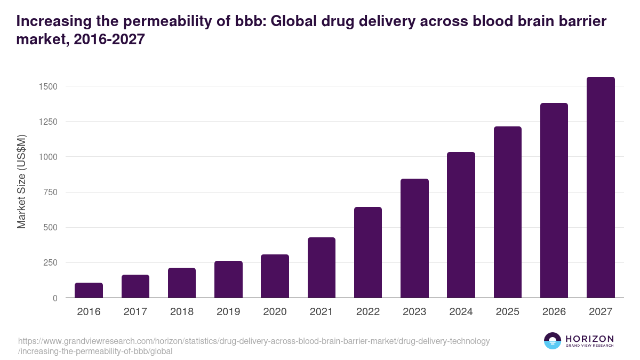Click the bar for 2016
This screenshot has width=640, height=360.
click(x=89, y=290)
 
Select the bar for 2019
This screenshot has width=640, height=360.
click(x=228, y=279)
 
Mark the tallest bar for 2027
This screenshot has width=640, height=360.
click(x=601, y=187)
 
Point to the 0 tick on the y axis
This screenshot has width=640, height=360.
click(x=55, y=298)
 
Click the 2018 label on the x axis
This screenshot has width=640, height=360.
click(x=182, y=312)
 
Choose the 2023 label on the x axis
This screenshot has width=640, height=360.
click(x=414, y=312)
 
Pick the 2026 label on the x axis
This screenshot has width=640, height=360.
click(x=554, y=312)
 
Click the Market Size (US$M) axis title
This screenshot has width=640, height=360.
click(x=21, y=181)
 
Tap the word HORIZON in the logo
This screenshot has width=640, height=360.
click(x=589, y=339)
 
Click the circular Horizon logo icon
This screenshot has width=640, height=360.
click(x=553, y=341)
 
